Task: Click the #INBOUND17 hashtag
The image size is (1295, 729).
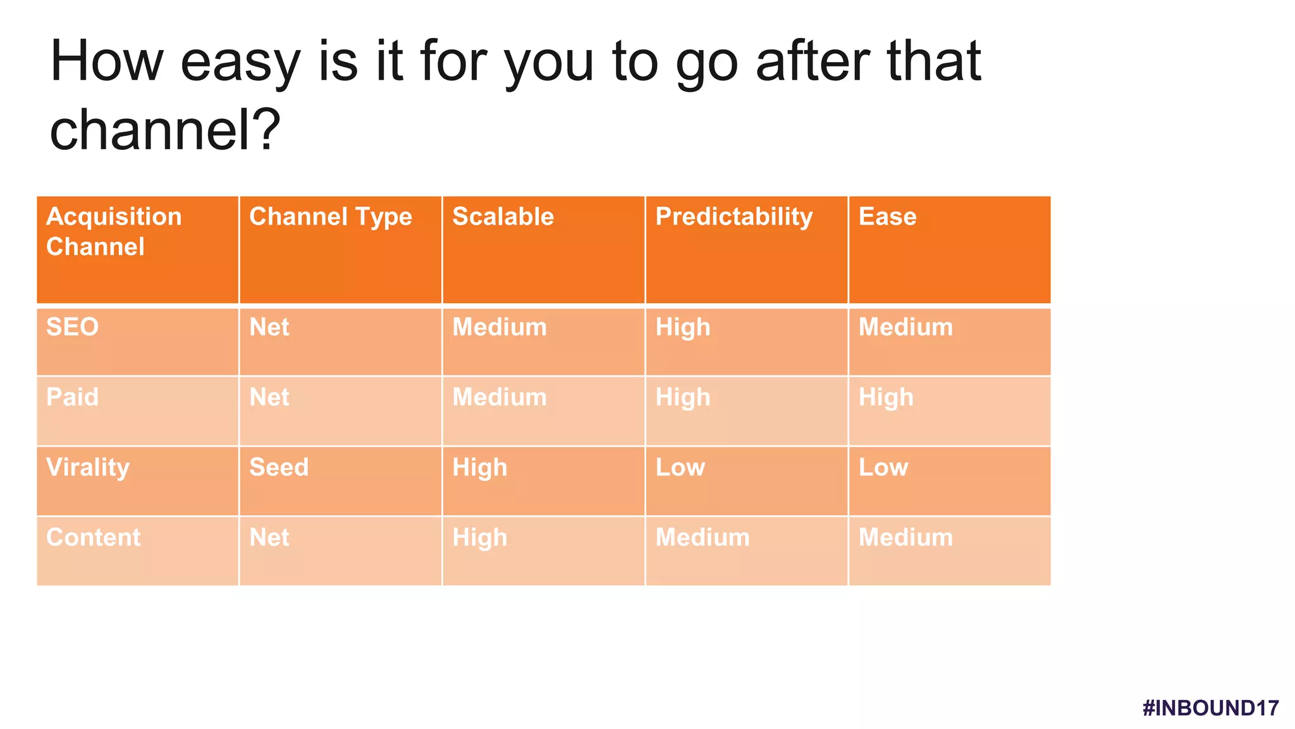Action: coord(1210,707)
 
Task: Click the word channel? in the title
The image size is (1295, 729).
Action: coord(165,130)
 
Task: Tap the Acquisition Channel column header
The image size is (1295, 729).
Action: coord(114,231)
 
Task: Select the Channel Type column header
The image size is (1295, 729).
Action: coord(330,217)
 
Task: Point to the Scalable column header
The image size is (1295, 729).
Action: coord(503,217)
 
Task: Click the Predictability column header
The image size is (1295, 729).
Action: coord(733,217)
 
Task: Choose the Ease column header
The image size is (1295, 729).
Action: coord(887,217)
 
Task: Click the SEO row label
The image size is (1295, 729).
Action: coord(72,327)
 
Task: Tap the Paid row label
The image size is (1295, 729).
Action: coord(72,397)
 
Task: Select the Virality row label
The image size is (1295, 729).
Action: coord(88,468)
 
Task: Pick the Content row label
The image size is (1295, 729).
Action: coord(93,538)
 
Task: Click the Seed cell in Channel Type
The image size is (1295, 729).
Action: coord(279,468)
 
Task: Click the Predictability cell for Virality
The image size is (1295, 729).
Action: coord(680,468)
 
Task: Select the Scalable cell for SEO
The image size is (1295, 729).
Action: coord(499,327)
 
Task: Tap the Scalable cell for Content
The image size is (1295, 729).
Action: coord(479,538)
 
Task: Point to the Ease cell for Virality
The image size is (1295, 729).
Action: coord(883,468)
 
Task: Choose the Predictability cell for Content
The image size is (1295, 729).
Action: coord(702,538)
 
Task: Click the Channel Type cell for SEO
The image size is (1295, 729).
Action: coord(269,327)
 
